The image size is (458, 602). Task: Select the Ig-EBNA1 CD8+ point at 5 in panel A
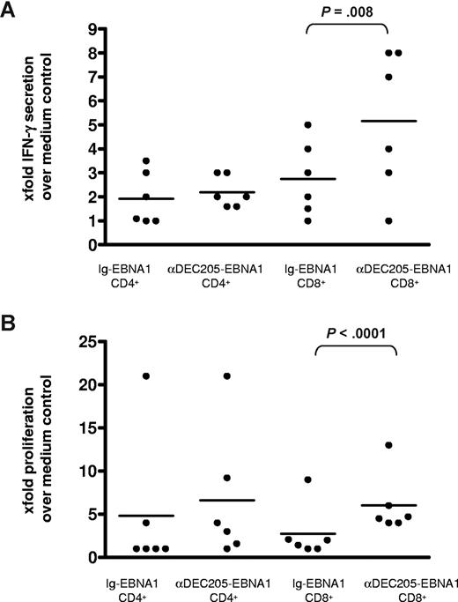(308, 125)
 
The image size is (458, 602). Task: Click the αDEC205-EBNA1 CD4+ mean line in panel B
(230, 500)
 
